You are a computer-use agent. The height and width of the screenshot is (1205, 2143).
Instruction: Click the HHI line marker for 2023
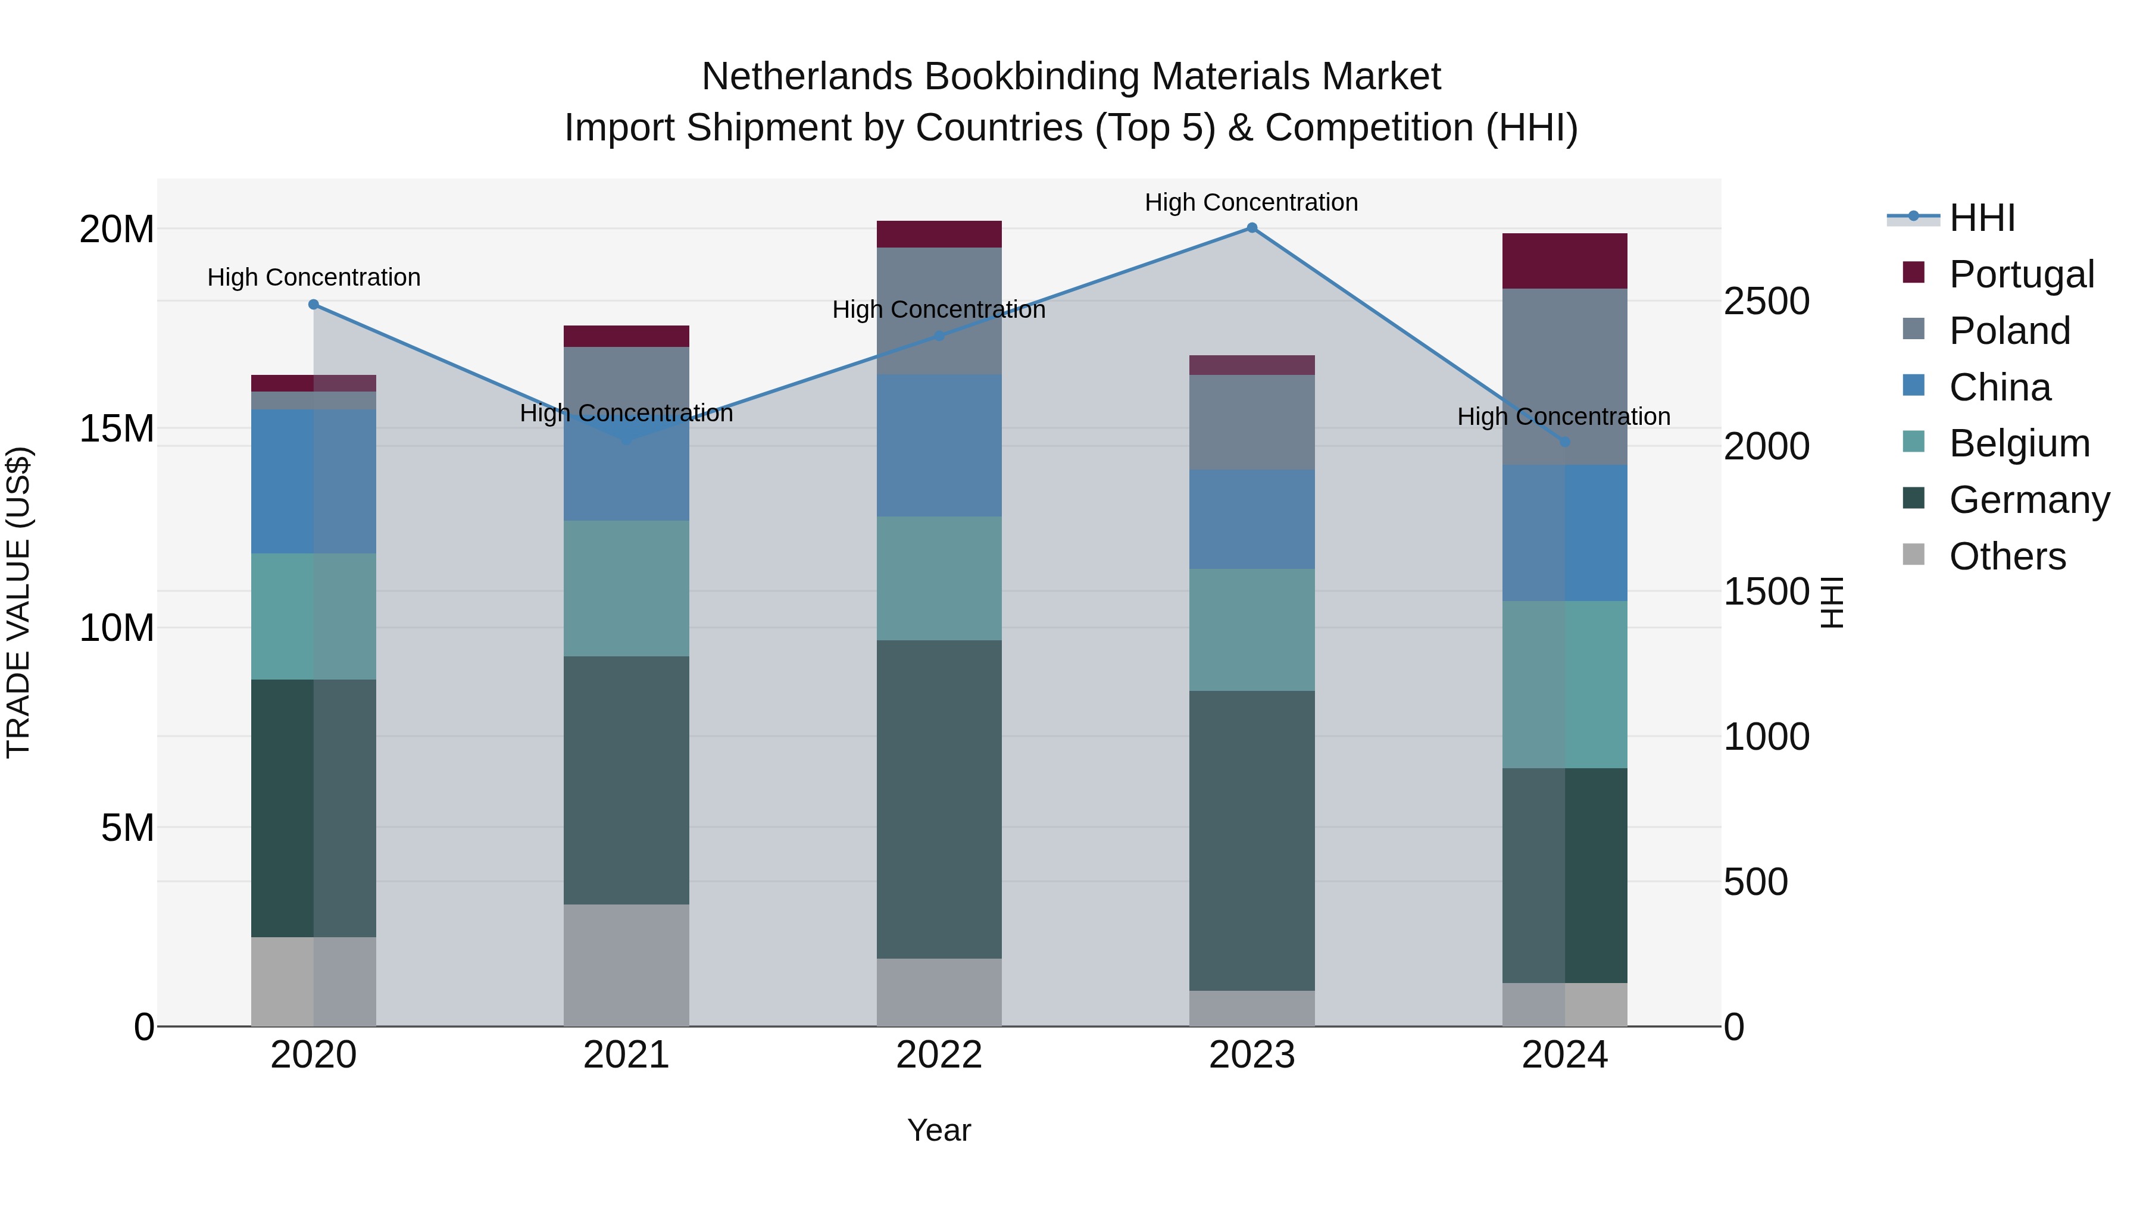[1251, 228]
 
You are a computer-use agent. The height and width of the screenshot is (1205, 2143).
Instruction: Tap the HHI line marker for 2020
[314, 304]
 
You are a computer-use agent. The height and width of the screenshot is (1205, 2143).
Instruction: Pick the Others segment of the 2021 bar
[626, 965]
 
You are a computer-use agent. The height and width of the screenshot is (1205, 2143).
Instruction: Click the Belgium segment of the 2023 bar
[1251, 630]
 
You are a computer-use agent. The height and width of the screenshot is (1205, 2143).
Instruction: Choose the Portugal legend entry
[2022, 274]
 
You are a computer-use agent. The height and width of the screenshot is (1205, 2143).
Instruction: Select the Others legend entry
[2007, 556]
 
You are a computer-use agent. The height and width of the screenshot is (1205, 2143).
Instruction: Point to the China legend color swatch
[1913, 386]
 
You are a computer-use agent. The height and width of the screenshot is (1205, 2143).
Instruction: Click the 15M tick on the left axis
[117, 429]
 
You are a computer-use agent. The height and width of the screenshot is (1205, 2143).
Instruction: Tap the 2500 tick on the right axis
[1766, 301]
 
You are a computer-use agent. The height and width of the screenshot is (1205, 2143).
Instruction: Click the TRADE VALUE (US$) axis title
[18, 602]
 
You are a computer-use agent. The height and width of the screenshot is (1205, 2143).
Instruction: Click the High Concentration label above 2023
[1251, 202]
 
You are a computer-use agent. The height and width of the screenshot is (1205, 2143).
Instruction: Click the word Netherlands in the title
[807, 77]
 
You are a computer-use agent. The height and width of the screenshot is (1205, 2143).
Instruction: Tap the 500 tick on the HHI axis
[1755, 881]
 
